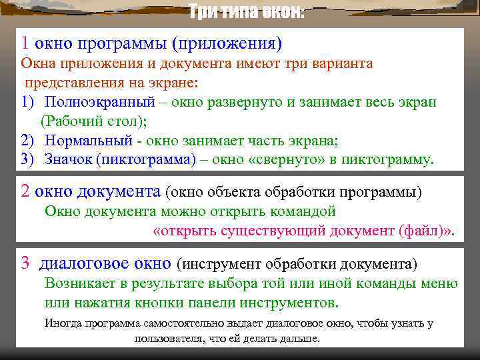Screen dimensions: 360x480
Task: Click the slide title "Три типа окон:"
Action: (x=246, y=12)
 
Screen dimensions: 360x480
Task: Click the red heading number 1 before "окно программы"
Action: (x=25, y=43)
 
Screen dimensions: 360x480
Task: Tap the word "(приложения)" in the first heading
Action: (x=227, y=44)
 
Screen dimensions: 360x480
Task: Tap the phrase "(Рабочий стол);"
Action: (x=94, y=122)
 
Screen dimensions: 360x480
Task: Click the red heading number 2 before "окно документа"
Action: (x=25, y=192)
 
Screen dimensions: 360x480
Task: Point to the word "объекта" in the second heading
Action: (x=231, y=193)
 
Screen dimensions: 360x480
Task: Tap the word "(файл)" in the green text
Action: (x=421, y=231)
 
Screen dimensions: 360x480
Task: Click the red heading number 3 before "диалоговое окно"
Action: (x=25, y=263)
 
